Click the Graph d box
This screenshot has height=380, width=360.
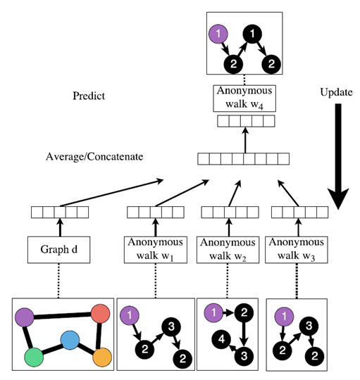61,250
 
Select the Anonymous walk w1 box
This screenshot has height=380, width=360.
155,250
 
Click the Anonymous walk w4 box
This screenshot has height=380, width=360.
242,96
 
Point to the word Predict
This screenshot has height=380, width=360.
89,95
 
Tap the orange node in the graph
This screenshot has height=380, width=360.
103,358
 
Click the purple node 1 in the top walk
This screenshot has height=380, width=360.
219,32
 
